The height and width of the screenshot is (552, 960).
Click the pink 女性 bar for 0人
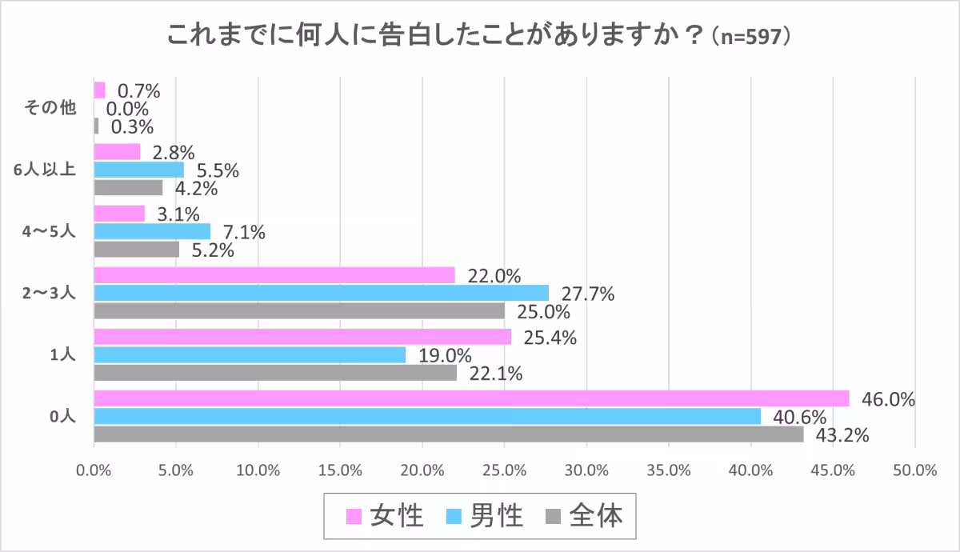click(x=471, y=398)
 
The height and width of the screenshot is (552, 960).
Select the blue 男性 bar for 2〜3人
click(x=322, y=293)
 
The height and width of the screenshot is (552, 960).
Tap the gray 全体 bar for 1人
click(x=275, y=373)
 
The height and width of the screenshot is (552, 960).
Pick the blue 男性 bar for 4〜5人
click(x=152, y=231)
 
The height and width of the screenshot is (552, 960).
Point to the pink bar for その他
click(x=100, y=90)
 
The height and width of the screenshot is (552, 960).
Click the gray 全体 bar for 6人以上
click(x=128, y=187)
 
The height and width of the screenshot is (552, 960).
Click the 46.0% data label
click(x=888, y=398)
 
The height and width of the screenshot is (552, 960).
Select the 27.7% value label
click(x=587, y=294)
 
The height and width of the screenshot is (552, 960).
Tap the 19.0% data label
click(x=444, y=355)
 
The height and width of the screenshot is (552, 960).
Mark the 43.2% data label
click(x=842, y=435)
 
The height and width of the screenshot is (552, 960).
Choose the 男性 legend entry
click(x=484, y=516)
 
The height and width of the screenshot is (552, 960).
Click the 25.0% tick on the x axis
click(x=504, y=470)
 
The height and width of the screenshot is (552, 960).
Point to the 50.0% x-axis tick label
click(x=914, y=470)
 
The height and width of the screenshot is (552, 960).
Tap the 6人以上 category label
click(x=50, y=170)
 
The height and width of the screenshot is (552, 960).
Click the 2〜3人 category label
click(x=50, y=293)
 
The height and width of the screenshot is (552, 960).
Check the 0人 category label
click(x=62, y=416)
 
